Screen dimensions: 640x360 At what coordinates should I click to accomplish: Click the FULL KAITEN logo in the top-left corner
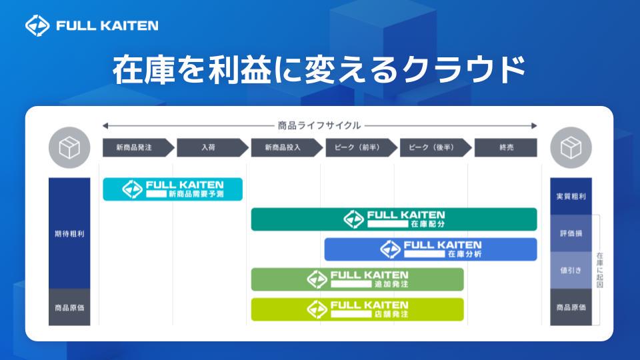pos(92,25)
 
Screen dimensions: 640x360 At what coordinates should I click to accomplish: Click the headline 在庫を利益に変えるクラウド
pos(319,70)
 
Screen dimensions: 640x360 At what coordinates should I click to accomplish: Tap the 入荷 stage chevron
pos(212,147)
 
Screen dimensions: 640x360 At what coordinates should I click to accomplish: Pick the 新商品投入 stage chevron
pos(287,147)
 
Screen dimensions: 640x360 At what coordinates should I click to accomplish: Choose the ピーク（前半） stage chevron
pos(361,147)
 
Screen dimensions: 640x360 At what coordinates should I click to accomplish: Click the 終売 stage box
pos(506,147)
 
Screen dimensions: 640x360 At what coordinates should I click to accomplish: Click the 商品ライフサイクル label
pos(319,125)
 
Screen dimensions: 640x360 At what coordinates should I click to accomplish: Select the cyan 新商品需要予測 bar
pos(173,189)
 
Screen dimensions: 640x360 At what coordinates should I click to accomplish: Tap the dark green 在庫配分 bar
pos(394,219)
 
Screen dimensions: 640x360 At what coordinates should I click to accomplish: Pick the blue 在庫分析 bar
pos(431,249)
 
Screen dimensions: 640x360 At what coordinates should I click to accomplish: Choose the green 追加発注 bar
pos(357,279)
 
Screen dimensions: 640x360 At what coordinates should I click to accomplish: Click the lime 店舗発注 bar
pos(357,309)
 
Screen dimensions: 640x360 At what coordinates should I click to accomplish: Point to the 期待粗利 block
pos(69,233)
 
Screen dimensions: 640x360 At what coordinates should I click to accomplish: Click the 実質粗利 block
pos(571,196)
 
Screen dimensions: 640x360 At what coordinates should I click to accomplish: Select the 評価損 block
pos(571,233)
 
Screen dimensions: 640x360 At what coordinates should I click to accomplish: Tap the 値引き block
pos(571,270)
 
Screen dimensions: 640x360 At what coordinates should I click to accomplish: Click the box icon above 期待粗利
pos(69,147)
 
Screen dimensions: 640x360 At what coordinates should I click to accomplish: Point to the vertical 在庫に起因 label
pos(599,270)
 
